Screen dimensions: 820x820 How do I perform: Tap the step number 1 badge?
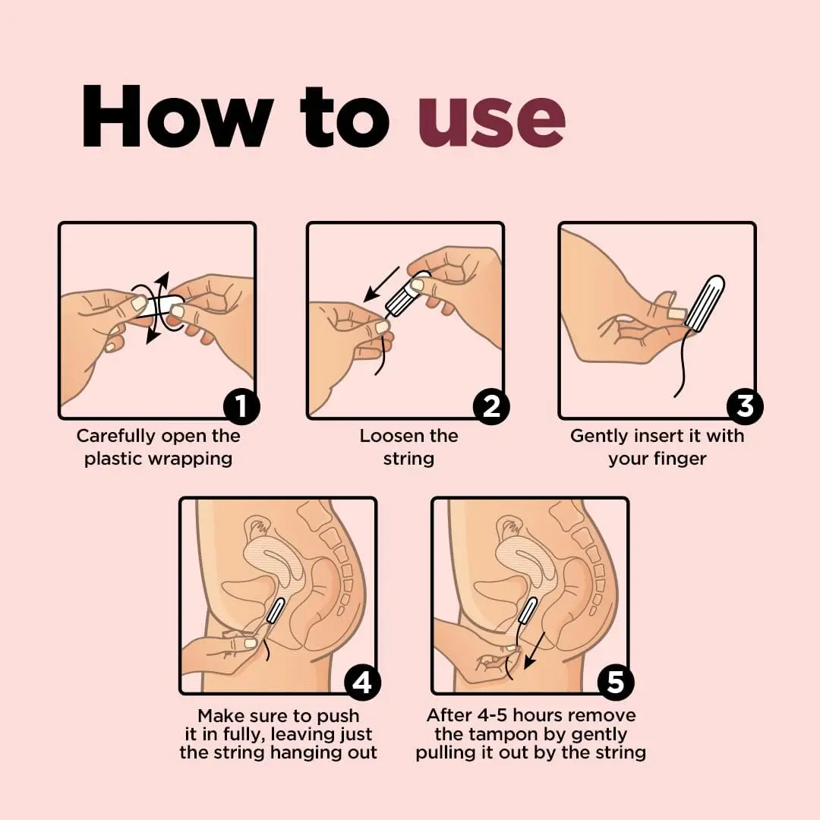point(241,406)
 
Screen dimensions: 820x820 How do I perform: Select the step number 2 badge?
point(491,406)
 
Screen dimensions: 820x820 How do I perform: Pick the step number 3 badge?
point(745,406)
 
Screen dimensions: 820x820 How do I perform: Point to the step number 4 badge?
point(362,682)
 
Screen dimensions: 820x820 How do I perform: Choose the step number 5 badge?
point(616,682)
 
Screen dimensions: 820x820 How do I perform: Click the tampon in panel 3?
point(705,303)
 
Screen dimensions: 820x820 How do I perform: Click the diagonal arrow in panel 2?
point(382,284)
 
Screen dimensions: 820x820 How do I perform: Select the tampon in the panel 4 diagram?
point(276,610)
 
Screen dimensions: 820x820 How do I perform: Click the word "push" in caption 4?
point(338,715)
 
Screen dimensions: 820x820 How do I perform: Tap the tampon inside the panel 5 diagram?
point(528,610)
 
